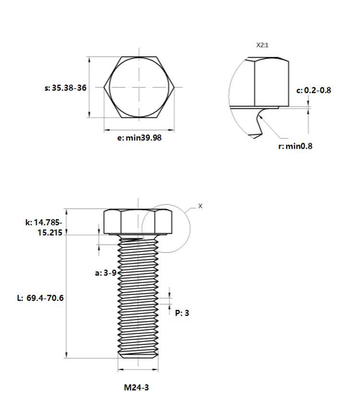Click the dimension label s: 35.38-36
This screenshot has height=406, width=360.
pos(66,88)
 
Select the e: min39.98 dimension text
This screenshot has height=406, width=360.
pos(139,138)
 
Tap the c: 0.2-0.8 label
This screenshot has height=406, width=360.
pos(313,90)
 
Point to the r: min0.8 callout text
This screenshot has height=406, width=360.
pos(295,146)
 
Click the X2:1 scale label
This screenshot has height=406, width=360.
pos(263,45)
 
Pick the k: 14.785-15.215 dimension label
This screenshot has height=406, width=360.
pos(44,227)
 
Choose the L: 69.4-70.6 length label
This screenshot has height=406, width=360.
pos(40,298)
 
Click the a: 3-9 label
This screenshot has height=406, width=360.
pos(106,273)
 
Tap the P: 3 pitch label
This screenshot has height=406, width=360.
pos(182,313)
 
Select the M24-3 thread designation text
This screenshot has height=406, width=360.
pos(136,388)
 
